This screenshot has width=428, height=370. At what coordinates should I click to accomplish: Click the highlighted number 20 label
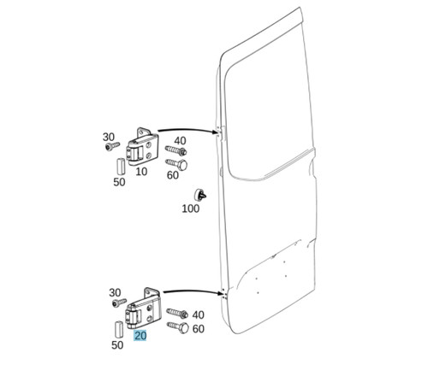[140, 336]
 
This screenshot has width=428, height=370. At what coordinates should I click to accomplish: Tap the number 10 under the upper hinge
[141, 172]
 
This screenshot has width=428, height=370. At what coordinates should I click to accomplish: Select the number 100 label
[191, 208]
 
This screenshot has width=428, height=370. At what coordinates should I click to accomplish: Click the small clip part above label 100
[200, 195]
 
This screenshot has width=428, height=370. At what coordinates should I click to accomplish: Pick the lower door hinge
[144, 308]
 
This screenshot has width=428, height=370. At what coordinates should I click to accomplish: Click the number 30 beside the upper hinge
[109, 137]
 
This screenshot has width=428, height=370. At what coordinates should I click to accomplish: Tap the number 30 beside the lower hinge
[115, 292]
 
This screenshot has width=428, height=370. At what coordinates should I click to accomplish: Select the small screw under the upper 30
[112, 146]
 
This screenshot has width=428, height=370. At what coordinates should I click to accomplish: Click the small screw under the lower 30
[119, 302]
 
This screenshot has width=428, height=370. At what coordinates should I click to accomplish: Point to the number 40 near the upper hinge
[180, 141]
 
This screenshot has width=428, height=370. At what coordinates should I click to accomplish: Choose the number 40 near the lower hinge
[198, 314]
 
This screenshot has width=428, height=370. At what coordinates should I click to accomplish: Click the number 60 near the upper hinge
[173, 175]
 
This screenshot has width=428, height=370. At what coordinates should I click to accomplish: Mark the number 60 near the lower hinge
[199, 329]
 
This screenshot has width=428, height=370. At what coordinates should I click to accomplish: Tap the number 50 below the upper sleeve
[119, 182]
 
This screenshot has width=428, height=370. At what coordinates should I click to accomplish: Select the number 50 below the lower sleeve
[117, 345]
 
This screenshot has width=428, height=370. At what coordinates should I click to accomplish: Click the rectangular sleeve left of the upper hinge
[121, 166]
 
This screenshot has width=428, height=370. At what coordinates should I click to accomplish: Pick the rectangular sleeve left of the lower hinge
[119, 329]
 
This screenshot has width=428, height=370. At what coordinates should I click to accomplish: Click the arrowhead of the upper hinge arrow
[217, 132]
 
